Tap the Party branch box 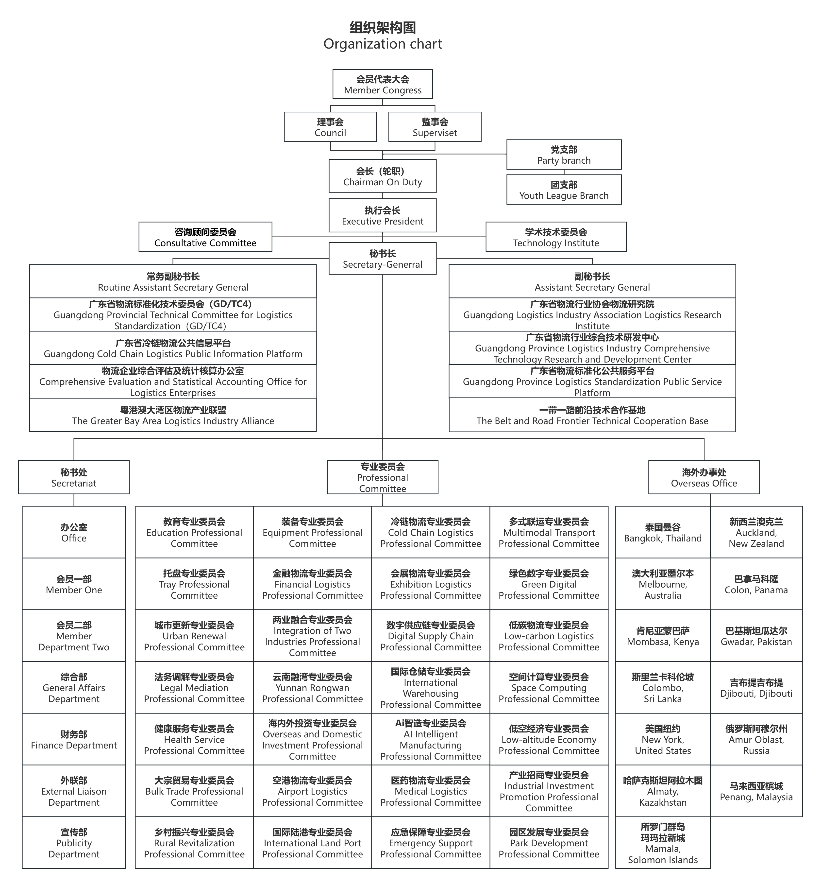564,155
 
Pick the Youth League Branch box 564,190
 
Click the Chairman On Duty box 383,176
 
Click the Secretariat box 74,477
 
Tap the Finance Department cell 74,739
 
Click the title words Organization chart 383,44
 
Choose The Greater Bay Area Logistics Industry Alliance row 173,415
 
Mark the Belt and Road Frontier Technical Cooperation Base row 592,415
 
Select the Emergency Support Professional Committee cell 431,843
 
